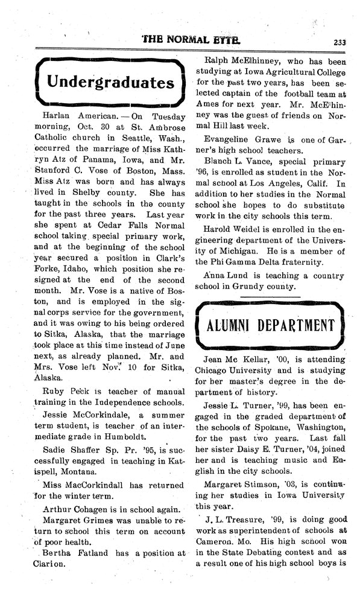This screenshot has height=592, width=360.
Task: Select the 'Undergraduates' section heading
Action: [x=110, y=81]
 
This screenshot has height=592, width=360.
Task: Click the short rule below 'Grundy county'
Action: [x=270, y=297]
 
